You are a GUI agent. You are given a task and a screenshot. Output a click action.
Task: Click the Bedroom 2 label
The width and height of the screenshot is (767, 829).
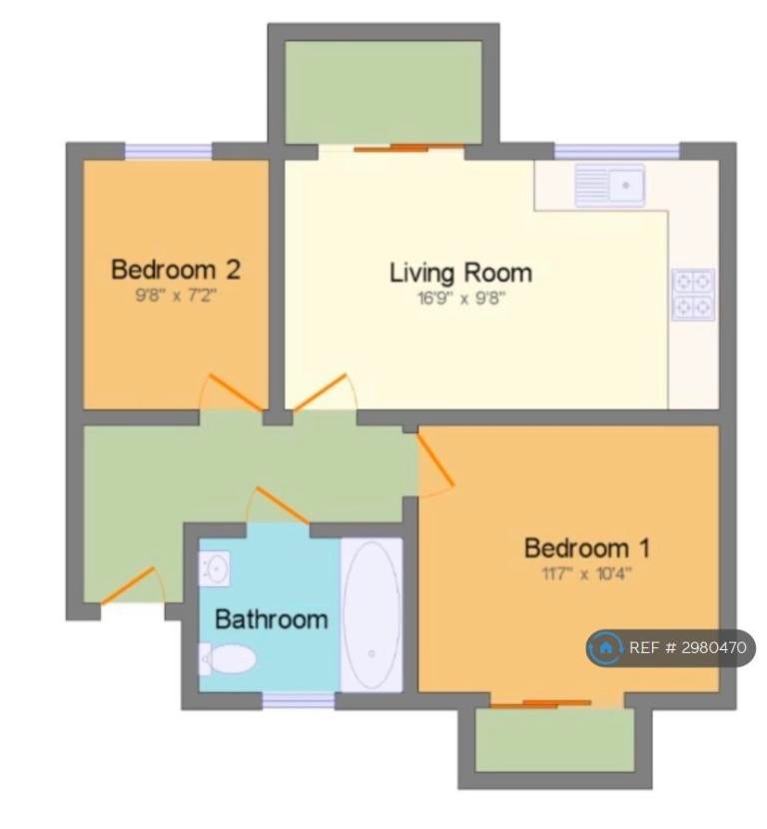click(x=176, y=270)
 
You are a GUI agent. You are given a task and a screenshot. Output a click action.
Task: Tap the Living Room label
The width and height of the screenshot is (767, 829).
click(x=461, y=274)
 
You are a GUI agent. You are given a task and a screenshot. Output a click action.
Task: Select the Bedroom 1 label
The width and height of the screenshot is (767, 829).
click(x=587, y=547)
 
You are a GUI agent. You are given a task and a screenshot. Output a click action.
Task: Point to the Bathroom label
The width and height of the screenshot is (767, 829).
click(x=272, y=619)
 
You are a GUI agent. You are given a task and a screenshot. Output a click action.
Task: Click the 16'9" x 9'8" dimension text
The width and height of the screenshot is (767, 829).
click(x=461, y=299)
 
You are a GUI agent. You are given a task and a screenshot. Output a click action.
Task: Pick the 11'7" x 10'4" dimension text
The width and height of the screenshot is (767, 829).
click(x=587, y=573)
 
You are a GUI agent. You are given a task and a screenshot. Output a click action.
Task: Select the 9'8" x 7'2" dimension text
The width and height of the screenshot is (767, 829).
click(x=176, y=295)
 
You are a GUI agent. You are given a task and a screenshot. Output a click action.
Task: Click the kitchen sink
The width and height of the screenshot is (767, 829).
click(x=610, y=185)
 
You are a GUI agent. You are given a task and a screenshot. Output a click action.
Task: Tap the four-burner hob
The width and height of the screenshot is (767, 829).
click(x=693, y=295)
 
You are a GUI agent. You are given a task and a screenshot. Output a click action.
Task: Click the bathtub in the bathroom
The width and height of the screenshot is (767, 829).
click(x=372, y=615)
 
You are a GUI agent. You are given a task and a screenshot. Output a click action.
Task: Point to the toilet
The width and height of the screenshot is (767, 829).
click(x=227, y=659)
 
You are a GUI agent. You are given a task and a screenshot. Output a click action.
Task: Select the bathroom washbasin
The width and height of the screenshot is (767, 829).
click(x=214, y=568)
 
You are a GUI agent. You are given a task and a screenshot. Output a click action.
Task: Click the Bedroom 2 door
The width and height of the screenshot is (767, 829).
click(x=236, y=393)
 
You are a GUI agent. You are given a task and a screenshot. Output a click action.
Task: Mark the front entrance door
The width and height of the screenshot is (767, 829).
click(x=128, y=585)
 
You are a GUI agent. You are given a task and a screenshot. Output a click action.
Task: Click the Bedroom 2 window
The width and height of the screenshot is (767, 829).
click(x=168, y=151)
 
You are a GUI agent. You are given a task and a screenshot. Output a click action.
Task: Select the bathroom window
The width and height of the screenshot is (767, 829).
click(x=299, y=700)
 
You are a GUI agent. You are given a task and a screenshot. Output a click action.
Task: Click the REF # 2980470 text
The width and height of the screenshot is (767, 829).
click(x=688, y=647)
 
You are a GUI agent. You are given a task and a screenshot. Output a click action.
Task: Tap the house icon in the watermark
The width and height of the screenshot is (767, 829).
click(x=605, y=647)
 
